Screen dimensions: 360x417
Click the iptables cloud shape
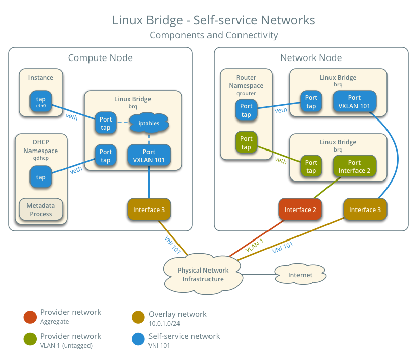click(148, 123)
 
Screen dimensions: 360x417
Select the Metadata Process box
click(41, 209)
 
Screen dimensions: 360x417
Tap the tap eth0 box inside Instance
click(41, 102)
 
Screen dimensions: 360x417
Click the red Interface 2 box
click(301, 209)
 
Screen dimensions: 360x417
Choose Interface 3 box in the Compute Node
click(149, 209)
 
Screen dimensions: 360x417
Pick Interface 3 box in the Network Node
click(365, 209)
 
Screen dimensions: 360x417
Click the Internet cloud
click(300, 275)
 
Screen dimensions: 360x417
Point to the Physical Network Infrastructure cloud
click(203, 275)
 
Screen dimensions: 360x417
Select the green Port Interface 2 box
click(354, 166)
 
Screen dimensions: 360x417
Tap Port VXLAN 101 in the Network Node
click(354, 101)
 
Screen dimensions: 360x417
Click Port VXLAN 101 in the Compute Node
click(149, 156)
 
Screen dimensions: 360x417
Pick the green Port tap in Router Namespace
click(246, 143)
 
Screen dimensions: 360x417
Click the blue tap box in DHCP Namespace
click(41, 177)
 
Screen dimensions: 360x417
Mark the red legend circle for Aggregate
click(30, 317)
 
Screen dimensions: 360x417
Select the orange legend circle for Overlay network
click(138, 317)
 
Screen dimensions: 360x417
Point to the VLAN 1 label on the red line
click(254, 246)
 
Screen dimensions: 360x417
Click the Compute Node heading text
click(100, 58)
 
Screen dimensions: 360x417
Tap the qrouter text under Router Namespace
click(246, 94)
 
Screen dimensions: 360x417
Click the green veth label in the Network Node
click(281, 161)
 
